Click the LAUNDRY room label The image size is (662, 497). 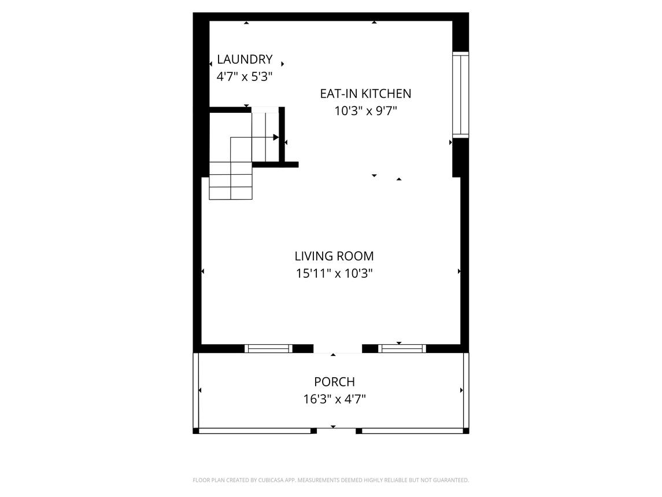tap(245, 59)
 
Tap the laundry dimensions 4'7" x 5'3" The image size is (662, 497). tap(245, 76)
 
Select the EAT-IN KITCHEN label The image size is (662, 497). tap(365, 93)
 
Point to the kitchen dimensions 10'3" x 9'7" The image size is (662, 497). tap(366, 111)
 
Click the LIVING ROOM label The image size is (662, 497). tap(334, 256)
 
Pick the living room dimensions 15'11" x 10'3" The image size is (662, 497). tap(334, 274)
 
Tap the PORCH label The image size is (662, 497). tap(334, 382)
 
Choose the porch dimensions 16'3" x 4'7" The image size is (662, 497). tap(334, 399)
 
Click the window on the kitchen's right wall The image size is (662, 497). tap(461, 95)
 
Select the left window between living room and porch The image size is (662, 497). tap(268, 349)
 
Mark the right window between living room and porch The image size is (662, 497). tap(402, 349)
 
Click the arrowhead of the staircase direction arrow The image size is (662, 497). tap(276, 137)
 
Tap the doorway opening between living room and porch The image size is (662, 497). tap(338, 349)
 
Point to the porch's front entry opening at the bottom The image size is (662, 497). tap(336, 430)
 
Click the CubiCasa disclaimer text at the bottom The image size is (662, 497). tap(331, 480)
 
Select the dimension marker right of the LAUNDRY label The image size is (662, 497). tap(283, 64)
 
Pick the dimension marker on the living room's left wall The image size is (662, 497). tap(203, 271)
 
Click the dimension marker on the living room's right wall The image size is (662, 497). tap(459, 271)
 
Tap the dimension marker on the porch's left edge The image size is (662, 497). tap(199, 390)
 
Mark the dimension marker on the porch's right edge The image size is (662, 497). tap(461, 390)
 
